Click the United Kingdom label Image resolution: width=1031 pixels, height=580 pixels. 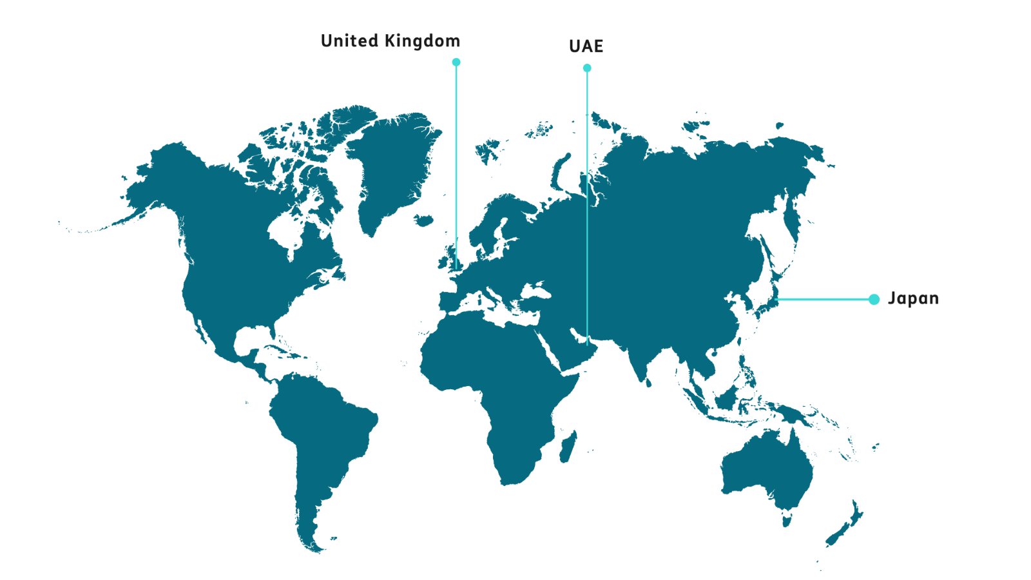point(390,41)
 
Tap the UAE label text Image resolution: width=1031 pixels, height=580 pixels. point(586,46)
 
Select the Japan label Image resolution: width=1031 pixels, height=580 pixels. point(913,298)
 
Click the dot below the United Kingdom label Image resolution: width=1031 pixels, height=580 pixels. point(456,62)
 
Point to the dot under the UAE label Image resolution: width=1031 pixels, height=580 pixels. point(587,68)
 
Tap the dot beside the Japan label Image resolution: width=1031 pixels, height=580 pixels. point(874,299)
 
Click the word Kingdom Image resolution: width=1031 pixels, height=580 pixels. point(422,41)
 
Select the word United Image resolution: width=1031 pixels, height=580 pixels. point(349,41)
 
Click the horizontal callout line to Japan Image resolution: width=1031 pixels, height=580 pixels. point(825,299)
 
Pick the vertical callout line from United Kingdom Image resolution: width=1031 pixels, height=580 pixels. point(456,161)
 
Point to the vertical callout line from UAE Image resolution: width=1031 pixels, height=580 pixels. point(587,193)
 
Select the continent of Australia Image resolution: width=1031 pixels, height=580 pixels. point(767,470)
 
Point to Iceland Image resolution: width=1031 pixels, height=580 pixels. point(423,220)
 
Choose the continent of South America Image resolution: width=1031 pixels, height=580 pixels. point(322,438)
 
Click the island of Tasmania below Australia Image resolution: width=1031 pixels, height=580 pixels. point(786,518)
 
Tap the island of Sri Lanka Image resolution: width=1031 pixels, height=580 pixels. point(648,383)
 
